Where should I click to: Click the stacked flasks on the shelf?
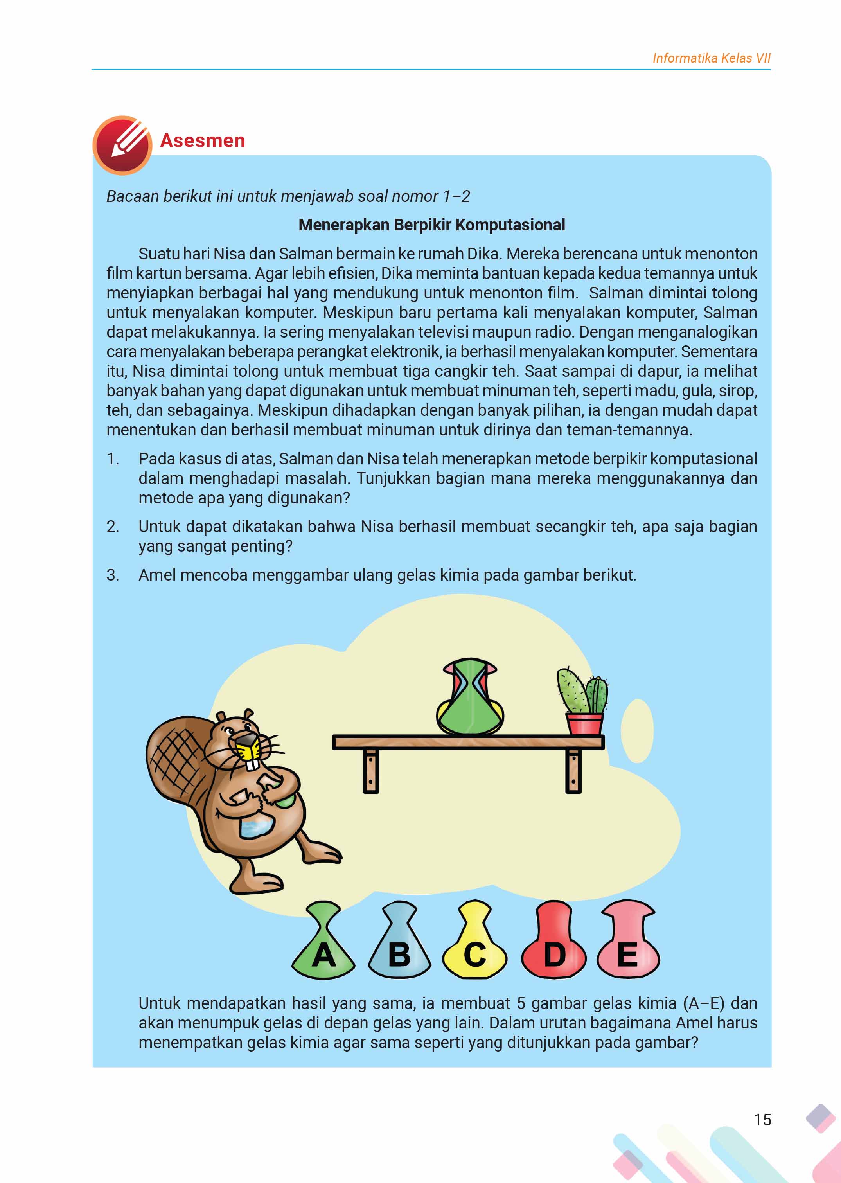470,697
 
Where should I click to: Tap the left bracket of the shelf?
371,771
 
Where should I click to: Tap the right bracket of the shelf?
573,771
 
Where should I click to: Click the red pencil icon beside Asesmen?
122,144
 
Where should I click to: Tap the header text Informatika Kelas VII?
711,58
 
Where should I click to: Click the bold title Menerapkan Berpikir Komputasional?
432,225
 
